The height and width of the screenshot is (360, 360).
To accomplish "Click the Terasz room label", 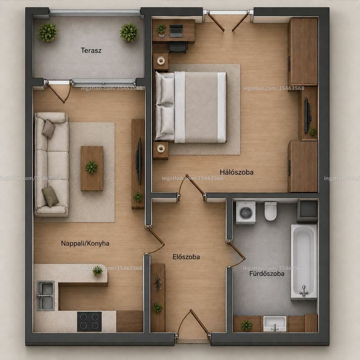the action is (x=91, y=50).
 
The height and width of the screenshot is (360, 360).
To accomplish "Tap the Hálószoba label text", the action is (x=237, y=172).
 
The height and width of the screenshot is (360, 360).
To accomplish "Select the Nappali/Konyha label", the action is (x=85, y=243).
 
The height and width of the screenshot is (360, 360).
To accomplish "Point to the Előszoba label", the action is (x=186, y=256).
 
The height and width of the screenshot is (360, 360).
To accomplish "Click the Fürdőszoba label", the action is (x=267, y=274).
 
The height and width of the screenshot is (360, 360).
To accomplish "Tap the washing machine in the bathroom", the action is (x=246, y=212).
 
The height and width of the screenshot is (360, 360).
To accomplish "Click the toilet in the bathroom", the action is (x=270, y=211).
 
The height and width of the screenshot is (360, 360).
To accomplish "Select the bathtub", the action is (x=304, y=262).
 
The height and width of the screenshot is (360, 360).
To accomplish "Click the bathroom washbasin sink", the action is (x=275, y=324).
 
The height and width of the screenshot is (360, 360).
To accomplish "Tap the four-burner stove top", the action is (x=89, y=321).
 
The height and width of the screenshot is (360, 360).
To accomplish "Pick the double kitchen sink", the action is (x=46, y=296).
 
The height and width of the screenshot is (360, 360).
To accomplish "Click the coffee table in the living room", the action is (x=92, y=168).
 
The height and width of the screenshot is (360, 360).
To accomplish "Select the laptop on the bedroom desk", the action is (x=176, y=31).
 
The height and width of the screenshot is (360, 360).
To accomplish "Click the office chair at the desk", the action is (x=178, y=47).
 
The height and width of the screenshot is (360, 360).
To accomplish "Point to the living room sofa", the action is (x=51, y=164).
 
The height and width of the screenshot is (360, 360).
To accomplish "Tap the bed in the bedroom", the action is (x=190, y=107).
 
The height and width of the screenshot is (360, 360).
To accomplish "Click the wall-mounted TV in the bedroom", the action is (x=307, y=116).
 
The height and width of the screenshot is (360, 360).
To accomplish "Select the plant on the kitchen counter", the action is (x=98, y=271).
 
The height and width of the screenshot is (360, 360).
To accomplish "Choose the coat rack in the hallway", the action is (x=157, y=283).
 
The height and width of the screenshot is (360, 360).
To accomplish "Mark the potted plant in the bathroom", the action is (x=247, y=325).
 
